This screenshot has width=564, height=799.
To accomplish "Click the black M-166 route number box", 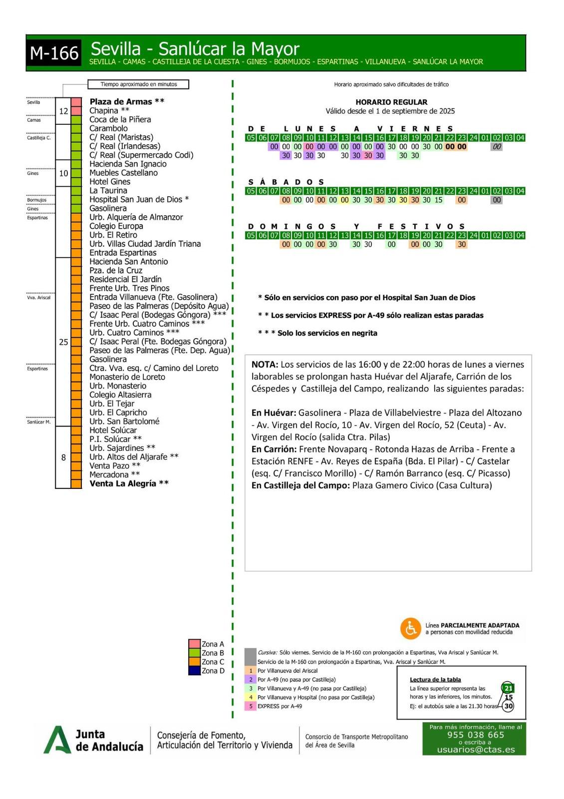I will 54,53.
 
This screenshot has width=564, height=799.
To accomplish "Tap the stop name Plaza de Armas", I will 121,102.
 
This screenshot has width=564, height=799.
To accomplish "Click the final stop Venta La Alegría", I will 123,483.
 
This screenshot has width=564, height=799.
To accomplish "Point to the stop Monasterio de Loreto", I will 127,377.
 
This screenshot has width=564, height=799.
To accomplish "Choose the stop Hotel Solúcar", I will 113,430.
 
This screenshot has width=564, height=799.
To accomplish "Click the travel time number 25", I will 63,342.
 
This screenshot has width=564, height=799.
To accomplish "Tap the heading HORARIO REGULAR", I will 391,102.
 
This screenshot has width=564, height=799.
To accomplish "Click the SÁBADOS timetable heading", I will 286,182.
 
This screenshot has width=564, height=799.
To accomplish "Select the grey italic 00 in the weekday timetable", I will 497,147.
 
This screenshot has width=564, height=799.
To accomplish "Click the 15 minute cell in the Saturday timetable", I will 438,200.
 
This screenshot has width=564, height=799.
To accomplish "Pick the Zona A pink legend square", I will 194,644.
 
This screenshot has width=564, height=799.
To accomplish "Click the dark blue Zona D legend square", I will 194,671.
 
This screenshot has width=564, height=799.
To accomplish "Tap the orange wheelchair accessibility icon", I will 411,629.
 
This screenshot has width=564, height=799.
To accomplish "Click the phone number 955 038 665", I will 475,735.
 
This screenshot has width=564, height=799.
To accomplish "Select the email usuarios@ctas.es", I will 475,749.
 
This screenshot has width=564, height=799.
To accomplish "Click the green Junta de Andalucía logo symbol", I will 57,740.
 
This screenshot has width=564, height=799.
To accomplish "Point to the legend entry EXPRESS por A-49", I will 280,706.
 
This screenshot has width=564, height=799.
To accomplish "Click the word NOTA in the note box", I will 265,365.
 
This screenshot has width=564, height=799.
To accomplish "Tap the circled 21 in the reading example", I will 508,688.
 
